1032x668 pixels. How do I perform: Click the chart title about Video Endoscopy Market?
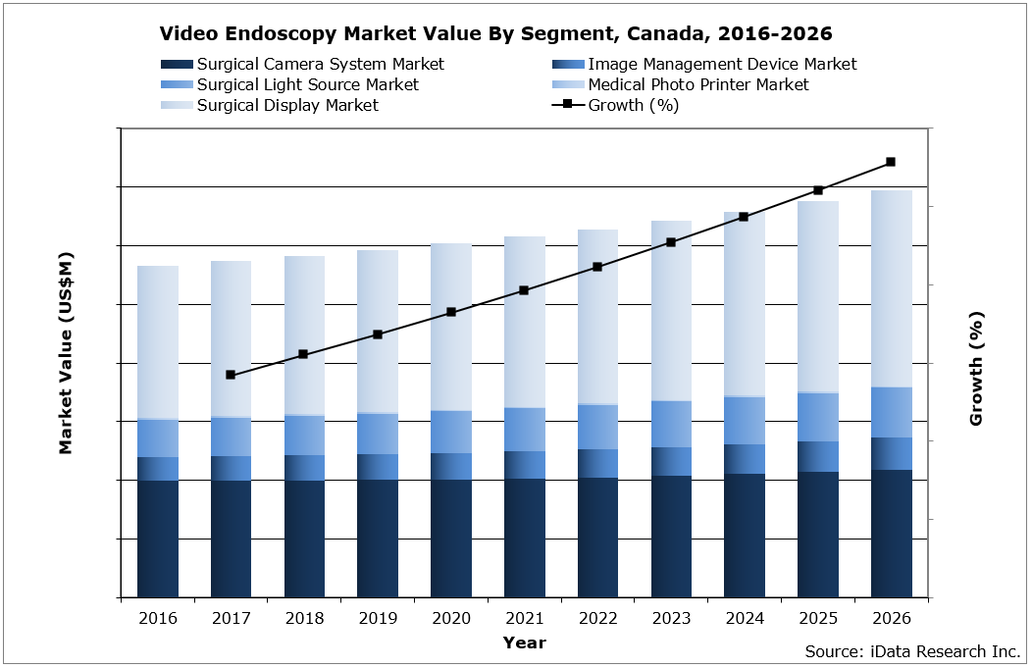click(495, 34)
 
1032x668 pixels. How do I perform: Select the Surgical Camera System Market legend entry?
click(320, 64)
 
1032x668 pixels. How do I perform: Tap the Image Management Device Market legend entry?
click(722, 64)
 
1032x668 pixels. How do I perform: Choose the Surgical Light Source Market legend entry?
click(307, 84)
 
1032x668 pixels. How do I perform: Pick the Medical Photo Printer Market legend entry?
click(697, 84)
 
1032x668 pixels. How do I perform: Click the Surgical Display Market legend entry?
click(287, 105)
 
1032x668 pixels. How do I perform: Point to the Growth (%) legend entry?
click(633, 105)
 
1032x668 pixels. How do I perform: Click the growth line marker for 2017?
click(231, 375)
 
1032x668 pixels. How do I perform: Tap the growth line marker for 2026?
click(891, 162)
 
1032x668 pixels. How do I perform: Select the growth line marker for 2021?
click(524, 290)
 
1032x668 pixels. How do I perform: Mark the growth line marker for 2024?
click(744, 217)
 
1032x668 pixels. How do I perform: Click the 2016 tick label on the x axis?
click(158, 619)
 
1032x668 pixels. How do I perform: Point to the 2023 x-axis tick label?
click(671, 619)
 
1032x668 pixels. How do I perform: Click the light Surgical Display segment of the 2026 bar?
click(891, 288)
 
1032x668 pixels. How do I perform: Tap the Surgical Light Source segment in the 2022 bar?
click(597, 427)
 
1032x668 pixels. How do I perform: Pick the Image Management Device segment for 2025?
click(817, 456)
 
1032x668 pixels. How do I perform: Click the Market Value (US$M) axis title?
click(66, 353)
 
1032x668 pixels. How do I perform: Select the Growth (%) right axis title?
click(976, 368)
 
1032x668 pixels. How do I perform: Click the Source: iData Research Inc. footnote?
click(912, 651)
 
